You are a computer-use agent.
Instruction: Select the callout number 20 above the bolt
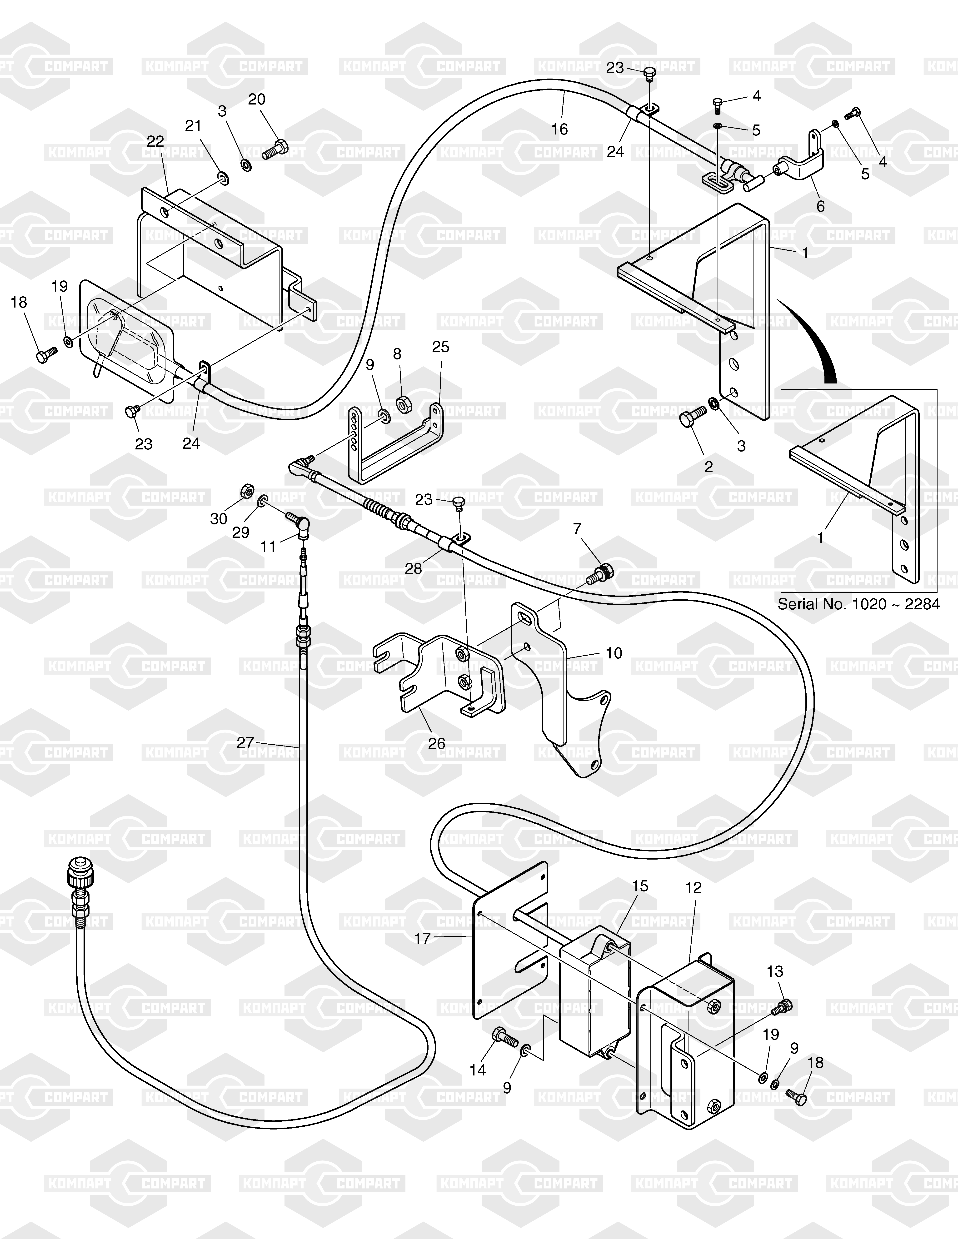[x=257, y=99]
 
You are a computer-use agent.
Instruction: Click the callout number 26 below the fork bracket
[x=436, y=743]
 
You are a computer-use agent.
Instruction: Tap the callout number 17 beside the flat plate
[x=422, y=939]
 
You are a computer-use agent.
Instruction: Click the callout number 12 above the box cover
[x=694, y=888]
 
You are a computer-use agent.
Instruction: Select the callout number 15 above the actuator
[x=640, y=886]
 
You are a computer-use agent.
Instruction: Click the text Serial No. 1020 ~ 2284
[x=858, y=604]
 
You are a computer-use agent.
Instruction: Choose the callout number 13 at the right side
[x=775, y=972]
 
